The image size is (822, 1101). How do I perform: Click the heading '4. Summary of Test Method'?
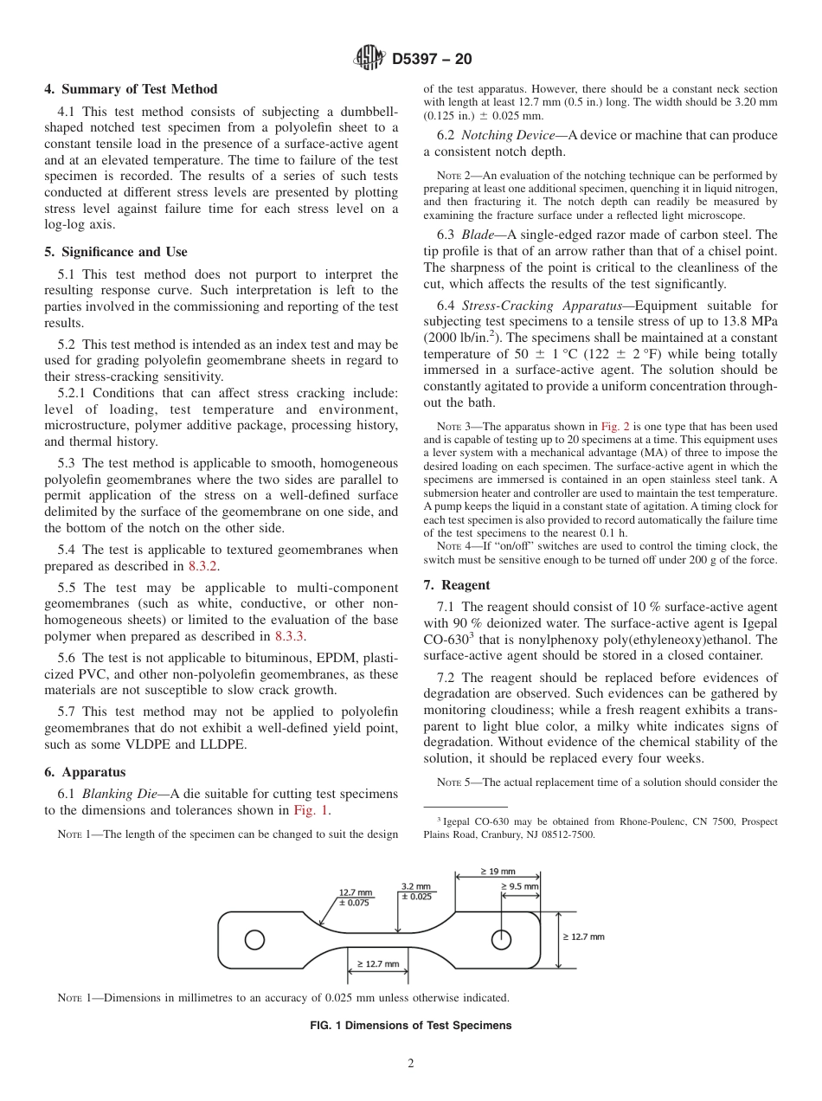pos(131,89)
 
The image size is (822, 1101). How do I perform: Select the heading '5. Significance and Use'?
pos(116,252)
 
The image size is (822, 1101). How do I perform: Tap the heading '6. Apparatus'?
pos(85,772)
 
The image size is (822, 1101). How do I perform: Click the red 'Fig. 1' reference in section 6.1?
pos(311,810)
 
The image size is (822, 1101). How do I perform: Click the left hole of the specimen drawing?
pos(254,939)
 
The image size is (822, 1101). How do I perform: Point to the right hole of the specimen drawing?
pos(500,939)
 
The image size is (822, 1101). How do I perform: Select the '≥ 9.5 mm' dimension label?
pos(519,887)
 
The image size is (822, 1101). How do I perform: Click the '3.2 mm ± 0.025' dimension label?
pos(416,892)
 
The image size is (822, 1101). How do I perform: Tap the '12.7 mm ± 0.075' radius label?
pos(355,897)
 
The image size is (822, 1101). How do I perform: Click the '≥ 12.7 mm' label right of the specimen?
pos(583,937)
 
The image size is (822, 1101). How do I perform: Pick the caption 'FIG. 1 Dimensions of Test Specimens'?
pos(410,1026)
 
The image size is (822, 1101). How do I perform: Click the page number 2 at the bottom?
pos(411,1064)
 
